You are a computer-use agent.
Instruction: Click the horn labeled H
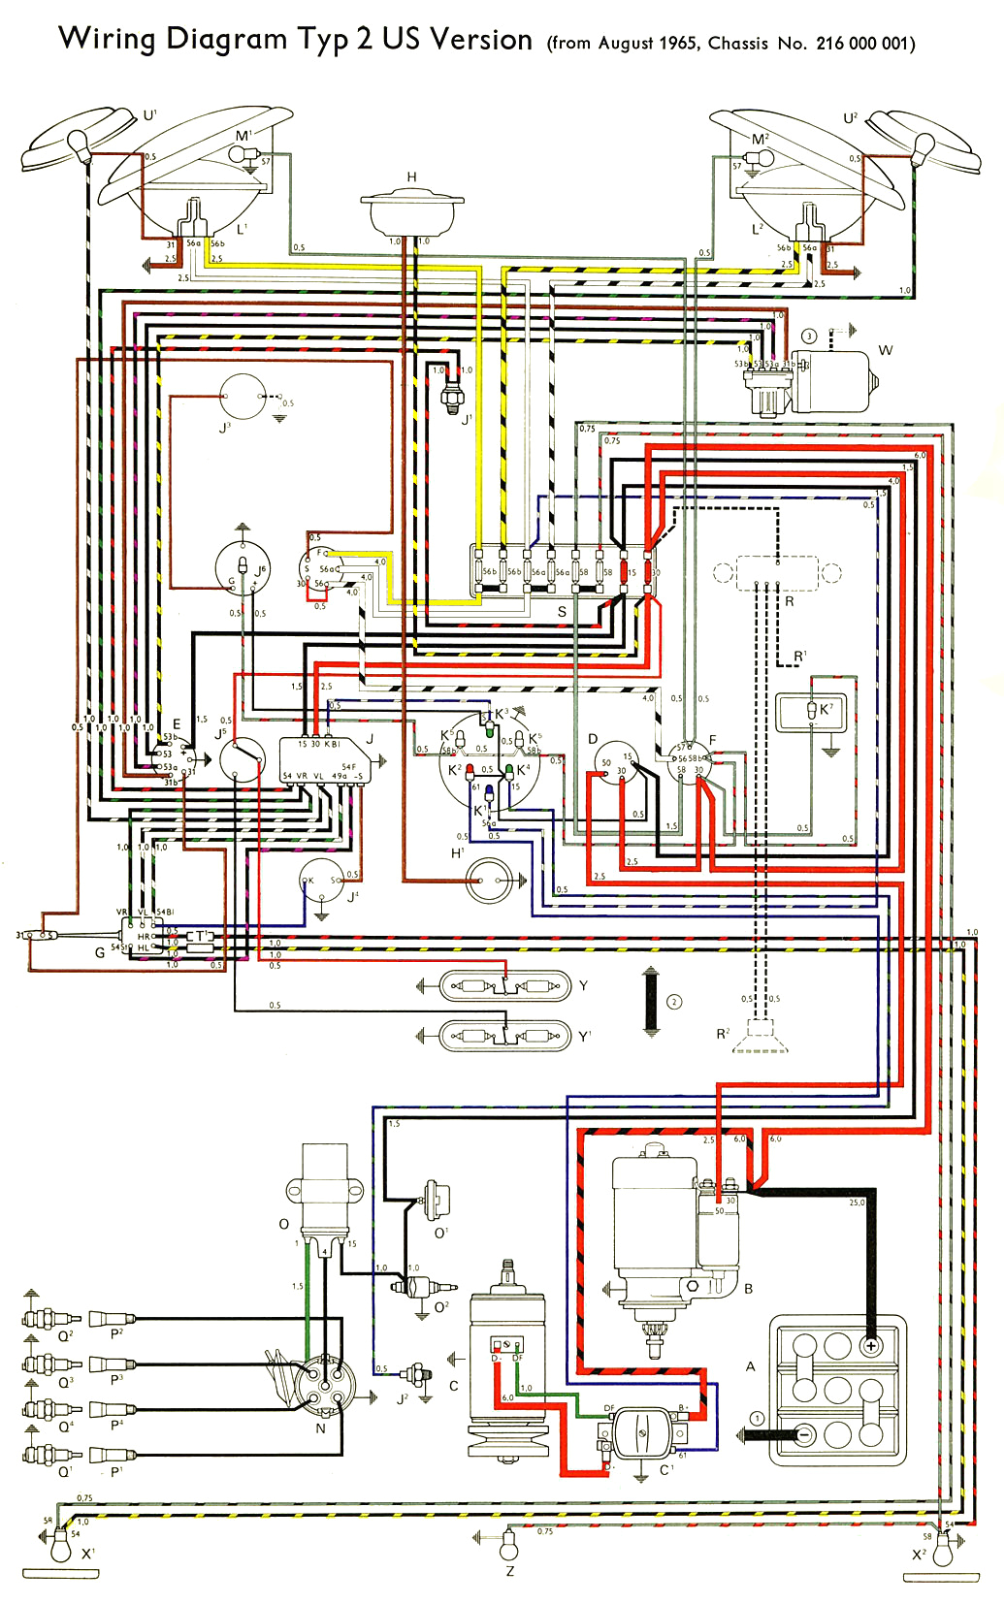point(411,210)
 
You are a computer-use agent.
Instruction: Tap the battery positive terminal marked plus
point(870,1345)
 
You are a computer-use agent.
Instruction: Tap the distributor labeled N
point(324,1382)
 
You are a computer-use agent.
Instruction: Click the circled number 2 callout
point(674,1002)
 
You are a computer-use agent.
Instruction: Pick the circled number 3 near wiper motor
point(809,337)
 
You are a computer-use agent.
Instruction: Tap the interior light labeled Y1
point(505,1036)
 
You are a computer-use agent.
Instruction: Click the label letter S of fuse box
point(562,612)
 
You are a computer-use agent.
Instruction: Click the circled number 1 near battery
point(757,1419)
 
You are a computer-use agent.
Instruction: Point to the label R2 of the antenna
point(723,1034)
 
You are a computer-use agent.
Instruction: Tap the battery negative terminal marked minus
point(804,1435)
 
